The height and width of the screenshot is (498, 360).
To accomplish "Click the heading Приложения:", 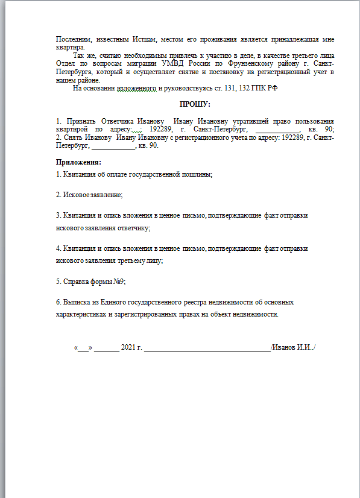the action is coord(78,162).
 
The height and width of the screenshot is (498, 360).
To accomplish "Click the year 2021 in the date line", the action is coord(128,348).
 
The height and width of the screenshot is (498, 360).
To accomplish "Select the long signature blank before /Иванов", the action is coord(207,348).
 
